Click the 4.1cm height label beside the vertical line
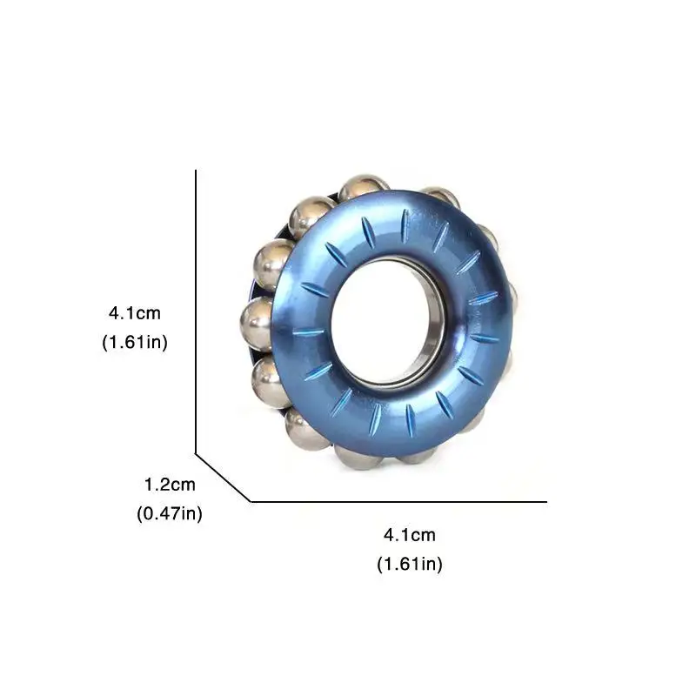coord(135,311)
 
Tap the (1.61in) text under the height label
coord(135,342)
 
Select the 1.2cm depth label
coord(170,484)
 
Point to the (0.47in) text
coord(170,514)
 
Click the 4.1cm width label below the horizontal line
coord(409,534)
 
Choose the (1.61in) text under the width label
coord(409,565)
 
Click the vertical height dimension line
coord(196,313)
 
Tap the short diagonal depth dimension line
coord(223,478)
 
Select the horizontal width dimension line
coord(400,502)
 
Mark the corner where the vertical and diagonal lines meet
coord(196,453)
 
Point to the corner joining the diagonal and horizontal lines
coord(251,502)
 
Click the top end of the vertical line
coord(196,171)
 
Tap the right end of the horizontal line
coord(545,502)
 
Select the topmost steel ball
coord(364,186)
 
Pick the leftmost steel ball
coord(257,324)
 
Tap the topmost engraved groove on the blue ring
coord(405,225)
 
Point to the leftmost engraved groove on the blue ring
coord(308,331)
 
